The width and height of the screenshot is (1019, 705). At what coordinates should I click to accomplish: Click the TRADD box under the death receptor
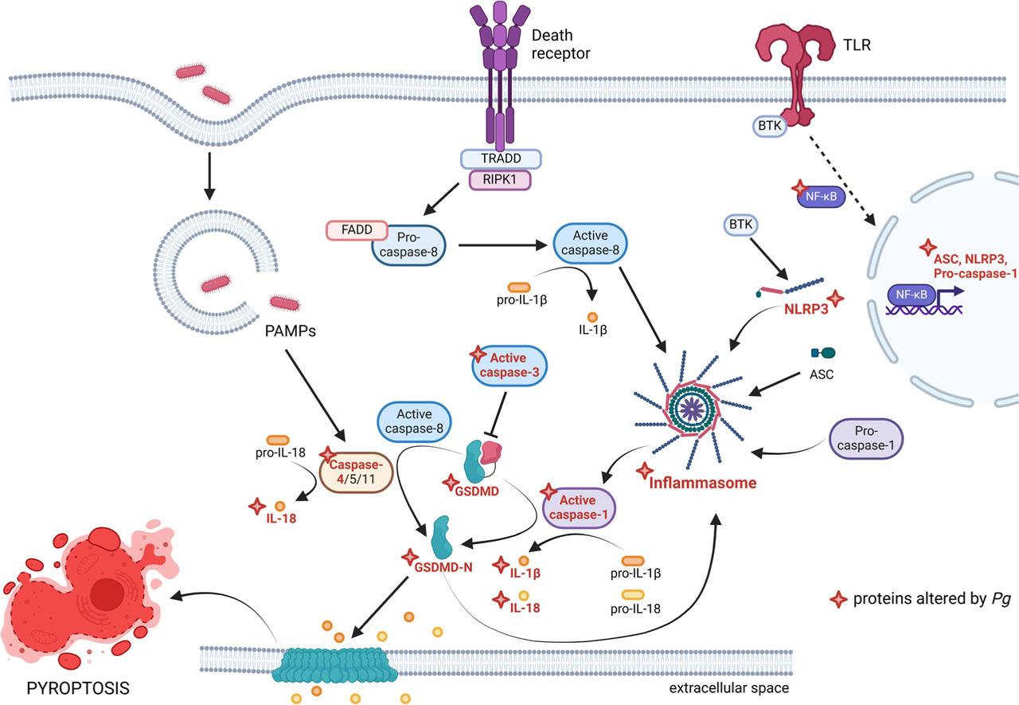coord(501,159)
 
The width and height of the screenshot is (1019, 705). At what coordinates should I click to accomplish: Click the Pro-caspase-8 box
coord(408,243)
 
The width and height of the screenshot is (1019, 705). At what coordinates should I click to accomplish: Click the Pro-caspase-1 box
coord(865,439)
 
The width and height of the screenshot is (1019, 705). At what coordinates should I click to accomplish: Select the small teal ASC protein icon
coord(822,352)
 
